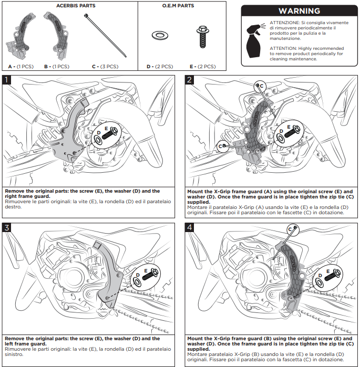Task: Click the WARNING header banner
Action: click(x=299, y=11)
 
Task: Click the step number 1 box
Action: click(x=7, y=80)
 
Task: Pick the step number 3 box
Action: click(x=7, y=227)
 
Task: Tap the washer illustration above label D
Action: click(x=158, y=36)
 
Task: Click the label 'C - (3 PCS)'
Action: click(x=105, y=67)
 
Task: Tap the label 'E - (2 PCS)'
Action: click(x=202, y=67)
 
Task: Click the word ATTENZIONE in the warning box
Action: click(x=284, y=23)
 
